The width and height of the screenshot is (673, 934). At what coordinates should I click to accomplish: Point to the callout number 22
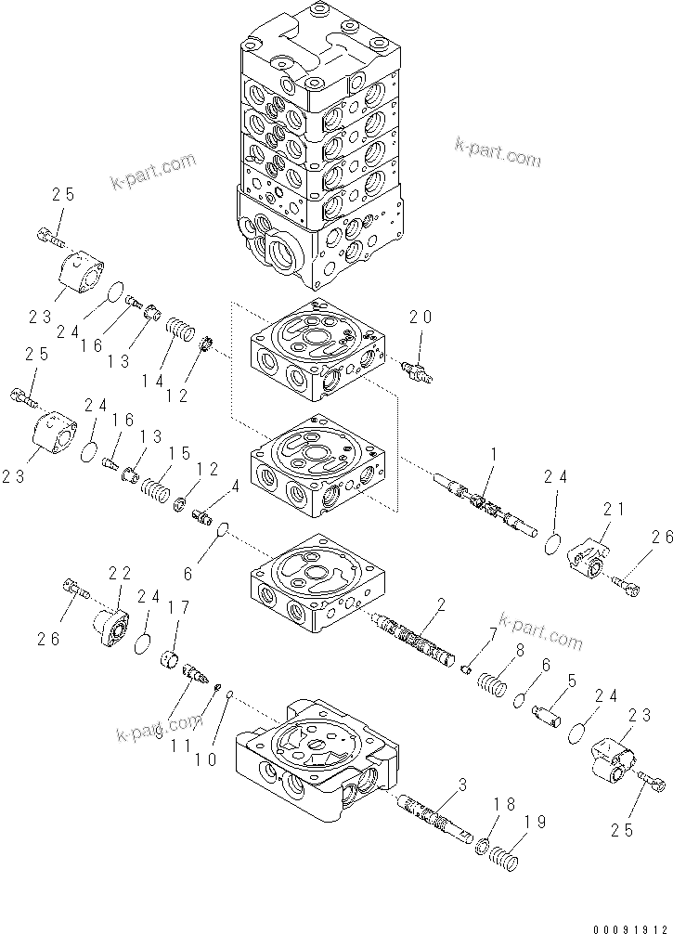click(120, 574)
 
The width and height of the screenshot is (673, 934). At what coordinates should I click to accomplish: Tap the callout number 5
click(572, 681)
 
